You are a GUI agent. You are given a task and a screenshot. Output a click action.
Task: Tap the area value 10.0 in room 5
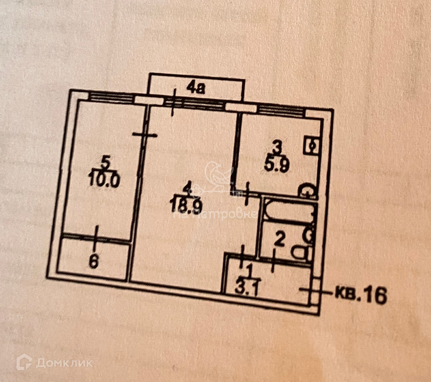(x=104, y=182)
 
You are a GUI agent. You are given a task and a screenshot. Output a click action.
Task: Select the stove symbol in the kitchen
(x=312, y=145)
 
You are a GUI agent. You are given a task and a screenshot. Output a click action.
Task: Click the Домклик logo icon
(x=24, y=362)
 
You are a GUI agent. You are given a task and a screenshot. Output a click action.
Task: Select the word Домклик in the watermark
(x=64, y=363)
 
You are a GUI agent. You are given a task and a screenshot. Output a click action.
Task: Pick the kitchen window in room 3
(x=281, y=109)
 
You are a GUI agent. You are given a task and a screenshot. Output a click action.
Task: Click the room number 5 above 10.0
(x=105, y=163)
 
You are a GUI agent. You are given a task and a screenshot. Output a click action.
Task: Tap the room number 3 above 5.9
(x=276, y=147)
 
